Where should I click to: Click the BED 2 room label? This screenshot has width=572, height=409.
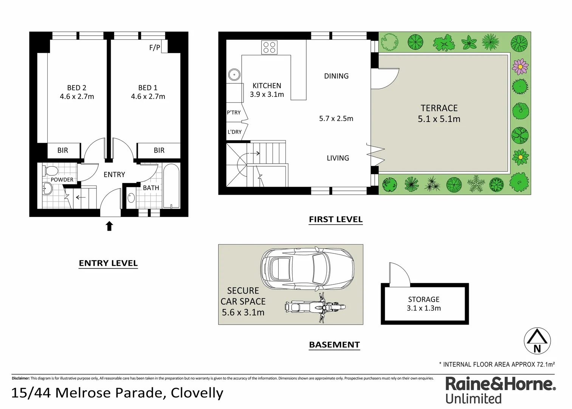[77, 88]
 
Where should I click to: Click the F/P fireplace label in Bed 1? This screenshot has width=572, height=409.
[155, 48]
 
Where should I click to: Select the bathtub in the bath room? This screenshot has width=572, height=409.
[172, 186]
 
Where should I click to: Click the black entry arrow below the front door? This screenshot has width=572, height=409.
[109, 226]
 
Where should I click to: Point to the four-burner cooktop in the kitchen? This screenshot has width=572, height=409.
[269, 47]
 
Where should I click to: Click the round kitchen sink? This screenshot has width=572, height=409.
[234, 75]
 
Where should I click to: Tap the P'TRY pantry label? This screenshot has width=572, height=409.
[234, 112]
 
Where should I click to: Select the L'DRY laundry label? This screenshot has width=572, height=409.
[234, 132]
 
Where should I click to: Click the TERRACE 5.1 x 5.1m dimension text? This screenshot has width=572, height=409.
[439, 119]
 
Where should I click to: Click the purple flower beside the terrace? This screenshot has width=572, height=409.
[520, 67]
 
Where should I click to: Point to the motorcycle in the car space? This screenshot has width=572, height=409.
[315, 307]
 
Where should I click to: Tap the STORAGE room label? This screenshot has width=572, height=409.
[423, 299]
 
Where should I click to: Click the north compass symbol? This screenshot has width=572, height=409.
[537, 341]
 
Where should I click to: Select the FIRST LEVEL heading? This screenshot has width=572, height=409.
[335, 219]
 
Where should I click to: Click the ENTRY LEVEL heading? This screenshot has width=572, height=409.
[108, 263]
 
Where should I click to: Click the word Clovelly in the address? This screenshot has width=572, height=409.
[197, 393]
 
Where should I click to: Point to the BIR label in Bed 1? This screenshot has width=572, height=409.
[159, 150]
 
